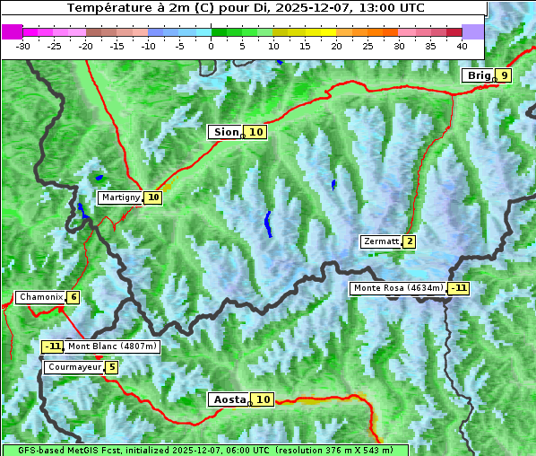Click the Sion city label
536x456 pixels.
pos(225,132)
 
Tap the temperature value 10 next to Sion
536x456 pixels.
pos(256,132)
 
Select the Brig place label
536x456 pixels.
pos(479,75)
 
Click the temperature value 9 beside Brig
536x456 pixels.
pos(505,75)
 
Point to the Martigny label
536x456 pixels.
pos(120,197)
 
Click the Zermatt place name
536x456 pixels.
pos(381,241)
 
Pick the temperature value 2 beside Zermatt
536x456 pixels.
pos(410,241)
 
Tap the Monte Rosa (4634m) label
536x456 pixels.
pos(398,288)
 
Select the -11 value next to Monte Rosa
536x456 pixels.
pos(459,288)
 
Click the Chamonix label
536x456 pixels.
pos(40,297)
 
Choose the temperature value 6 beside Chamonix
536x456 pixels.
pos(73,297)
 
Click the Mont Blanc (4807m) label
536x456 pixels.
pos(112,346)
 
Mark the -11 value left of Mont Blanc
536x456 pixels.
pos(53,346)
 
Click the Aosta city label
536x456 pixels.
pos(228,399)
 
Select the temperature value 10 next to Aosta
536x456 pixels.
pos(263,399)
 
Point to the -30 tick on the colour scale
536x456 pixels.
pos(23,45)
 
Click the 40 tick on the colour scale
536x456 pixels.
pos(462,45)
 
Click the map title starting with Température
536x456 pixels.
pos(245,8)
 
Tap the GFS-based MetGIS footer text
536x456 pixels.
pos(204,450)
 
